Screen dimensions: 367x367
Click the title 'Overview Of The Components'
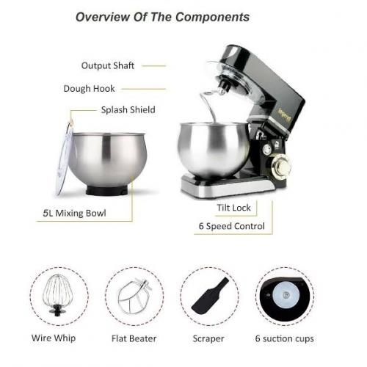coord(163,17)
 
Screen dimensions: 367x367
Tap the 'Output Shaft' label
coord(108,65)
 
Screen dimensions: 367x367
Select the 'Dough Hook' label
coord(89,89)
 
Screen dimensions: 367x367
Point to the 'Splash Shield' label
coord(128,109)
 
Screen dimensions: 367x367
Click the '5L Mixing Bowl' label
coord(74,213)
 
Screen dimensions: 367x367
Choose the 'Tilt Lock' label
coord(234,208)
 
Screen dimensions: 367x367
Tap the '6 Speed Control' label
coord(232,226)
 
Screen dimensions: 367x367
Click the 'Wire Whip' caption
coord(54,338)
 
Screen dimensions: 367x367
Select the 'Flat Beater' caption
coord(134,338)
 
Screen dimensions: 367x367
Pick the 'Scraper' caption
coord(208,339)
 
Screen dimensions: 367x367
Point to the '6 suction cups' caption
coord(285,339)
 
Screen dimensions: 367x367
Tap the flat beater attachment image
coord(134,297)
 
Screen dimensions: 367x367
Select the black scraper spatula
coord(210,297)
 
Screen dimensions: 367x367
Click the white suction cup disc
coord(286,294)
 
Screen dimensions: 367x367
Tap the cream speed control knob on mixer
coord(280,167)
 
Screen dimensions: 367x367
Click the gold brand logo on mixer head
coord(285,115)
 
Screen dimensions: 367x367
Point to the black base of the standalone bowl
coord(107,190)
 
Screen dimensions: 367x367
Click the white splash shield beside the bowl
coord(64,158)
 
